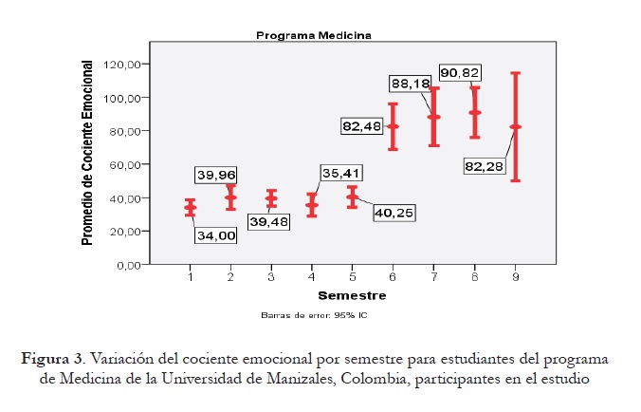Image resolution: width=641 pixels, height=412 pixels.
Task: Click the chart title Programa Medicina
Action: [x=313, y=34]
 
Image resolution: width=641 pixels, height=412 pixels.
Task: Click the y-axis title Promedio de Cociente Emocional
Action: [x=87, y=152]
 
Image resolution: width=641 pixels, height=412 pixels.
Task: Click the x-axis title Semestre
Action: [x=351, y=296]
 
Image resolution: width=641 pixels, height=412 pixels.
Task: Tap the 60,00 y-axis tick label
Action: [x=128, y=165]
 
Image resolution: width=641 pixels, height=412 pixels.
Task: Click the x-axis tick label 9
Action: [x=515, y=277]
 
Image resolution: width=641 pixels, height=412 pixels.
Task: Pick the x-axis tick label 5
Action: [x=353, y=277]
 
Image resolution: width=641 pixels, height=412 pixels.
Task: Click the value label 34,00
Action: [x=215, y=235]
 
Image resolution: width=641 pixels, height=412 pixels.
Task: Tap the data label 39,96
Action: [x=215, y=175]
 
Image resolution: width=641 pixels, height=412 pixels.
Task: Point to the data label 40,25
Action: [x=392, y=213]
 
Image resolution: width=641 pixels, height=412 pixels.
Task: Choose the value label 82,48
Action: [x=364, y=125]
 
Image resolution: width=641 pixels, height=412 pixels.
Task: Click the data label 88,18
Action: [x=411, y=84]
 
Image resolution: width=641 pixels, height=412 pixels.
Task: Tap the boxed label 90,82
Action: [x=462, y=72]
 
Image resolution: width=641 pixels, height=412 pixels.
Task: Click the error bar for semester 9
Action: [x=515, y=126]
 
